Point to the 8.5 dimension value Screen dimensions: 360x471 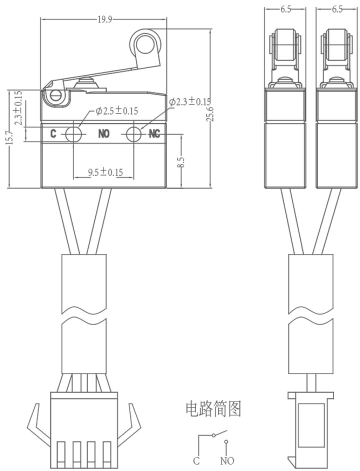click(x=180, y=162)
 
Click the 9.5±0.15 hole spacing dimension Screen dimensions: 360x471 click(x=105, y=172)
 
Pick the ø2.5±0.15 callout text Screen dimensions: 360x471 click(x=116, y=111)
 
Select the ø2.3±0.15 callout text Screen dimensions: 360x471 click(x=189, y=102)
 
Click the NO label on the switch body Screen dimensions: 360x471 click(x=103, y=133)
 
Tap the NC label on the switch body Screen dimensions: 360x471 click(x=154, y=134)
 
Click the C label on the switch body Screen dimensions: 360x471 click(x=53, y=133)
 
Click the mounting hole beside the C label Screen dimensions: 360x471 click(x=73, y=134)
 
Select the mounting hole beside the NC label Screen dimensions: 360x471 click(x=133, y=134)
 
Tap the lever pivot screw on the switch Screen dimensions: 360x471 click(x=55, y=95)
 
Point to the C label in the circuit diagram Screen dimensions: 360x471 click(x=196, y=460)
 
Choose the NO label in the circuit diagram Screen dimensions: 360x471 click(x=227, y=460)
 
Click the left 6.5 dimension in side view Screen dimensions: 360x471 click(x=286, y=9)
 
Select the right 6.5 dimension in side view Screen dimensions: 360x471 click(x=337, y=9)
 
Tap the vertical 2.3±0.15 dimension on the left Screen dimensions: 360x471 click(x=18, y=107)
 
